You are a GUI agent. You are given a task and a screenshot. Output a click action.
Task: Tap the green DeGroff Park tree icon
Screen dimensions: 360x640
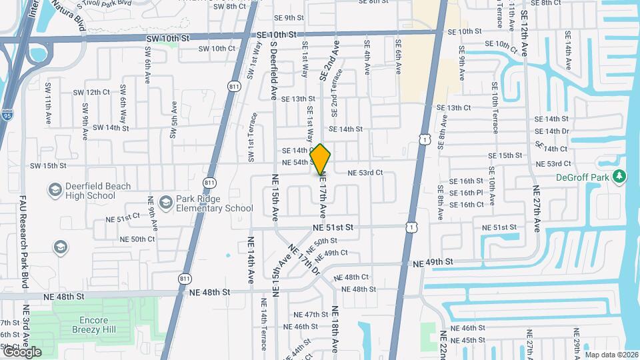[619, 176]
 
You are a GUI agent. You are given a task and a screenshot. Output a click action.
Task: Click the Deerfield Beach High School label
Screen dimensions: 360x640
[90, 191]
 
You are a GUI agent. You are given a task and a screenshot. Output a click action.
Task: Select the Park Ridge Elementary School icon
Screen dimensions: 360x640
[166, 200]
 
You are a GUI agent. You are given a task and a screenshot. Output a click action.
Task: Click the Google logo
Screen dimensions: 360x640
[21, 351]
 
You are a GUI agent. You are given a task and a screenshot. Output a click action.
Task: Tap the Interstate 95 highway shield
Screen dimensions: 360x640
[7, 114]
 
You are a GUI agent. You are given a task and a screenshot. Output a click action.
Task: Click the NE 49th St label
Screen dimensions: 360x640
[433, 263]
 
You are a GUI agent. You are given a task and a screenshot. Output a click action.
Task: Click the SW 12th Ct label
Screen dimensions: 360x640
[91, 92]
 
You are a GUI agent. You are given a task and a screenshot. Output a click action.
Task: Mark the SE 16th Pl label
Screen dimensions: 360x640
[466, 193]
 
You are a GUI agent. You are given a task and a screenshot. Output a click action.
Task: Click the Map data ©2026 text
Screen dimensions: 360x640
[611, 355]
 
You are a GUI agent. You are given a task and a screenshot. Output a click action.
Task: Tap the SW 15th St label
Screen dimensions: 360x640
[47, 165]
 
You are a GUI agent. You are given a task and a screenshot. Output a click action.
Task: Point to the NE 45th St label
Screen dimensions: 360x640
[468, 340]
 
